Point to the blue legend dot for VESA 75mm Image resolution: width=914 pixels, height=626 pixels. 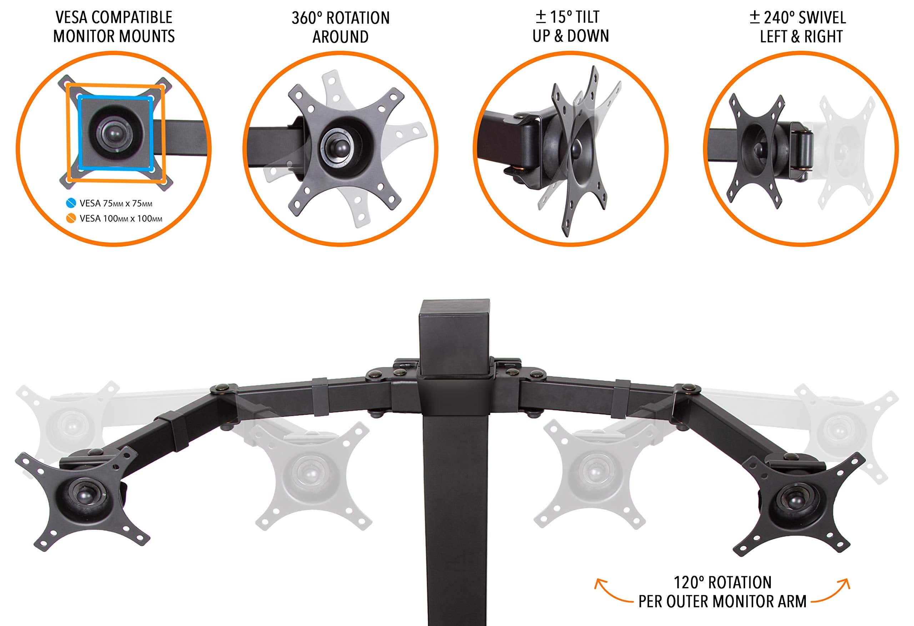tap(71, 203)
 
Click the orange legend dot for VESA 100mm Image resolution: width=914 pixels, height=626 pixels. tap(71, 218)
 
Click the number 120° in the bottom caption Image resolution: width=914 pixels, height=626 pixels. tap(689, 582)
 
